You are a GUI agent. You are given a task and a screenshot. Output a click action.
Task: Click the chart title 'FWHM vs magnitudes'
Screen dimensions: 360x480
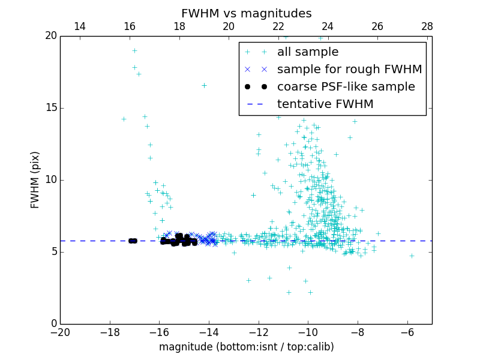(246, 13)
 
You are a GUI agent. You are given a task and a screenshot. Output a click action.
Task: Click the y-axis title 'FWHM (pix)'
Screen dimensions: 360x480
(35, 180)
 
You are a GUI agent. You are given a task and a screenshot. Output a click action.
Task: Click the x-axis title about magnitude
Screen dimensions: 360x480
(246, 347)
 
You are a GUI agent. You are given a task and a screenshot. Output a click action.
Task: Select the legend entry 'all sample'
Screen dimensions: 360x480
(307, 52)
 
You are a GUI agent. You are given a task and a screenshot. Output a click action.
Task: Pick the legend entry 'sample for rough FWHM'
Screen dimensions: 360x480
(349, 70)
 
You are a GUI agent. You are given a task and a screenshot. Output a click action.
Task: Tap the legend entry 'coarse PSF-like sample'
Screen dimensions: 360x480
(346, 87)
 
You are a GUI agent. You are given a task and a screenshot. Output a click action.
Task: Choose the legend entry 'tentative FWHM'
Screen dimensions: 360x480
(325, 104)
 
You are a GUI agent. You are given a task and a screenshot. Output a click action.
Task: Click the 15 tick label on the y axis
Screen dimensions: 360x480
(50, 108)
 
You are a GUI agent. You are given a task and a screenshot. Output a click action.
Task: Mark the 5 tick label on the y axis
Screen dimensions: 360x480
(53, 252)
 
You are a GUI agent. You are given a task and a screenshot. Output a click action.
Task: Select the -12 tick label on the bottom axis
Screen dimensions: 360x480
(259, 332)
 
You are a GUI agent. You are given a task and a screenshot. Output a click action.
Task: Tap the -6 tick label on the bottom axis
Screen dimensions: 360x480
(407, 332)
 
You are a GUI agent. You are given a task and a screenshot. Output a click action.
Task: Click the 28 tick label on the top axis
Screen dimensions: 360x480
(427, 26)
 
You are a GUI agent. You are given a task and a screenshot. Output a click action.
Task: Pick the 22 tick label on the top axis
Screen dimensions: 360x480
(278, 26)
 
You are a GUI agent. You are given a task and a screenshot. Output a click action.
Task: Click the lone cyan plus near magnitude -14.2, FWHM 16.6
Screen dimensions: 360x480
(204, 85)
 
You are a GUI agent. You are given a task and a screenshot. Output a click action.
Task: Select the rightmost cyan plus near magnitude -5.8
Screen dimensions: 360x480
(412, 256)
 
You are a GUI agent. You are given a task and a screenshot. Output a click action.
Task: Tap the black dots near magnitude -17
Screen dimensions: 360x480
(133, 241)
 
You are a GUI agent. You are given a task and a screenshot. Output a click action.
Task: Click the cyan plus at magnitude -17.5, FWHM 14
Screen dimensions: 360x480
(124, 119)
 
